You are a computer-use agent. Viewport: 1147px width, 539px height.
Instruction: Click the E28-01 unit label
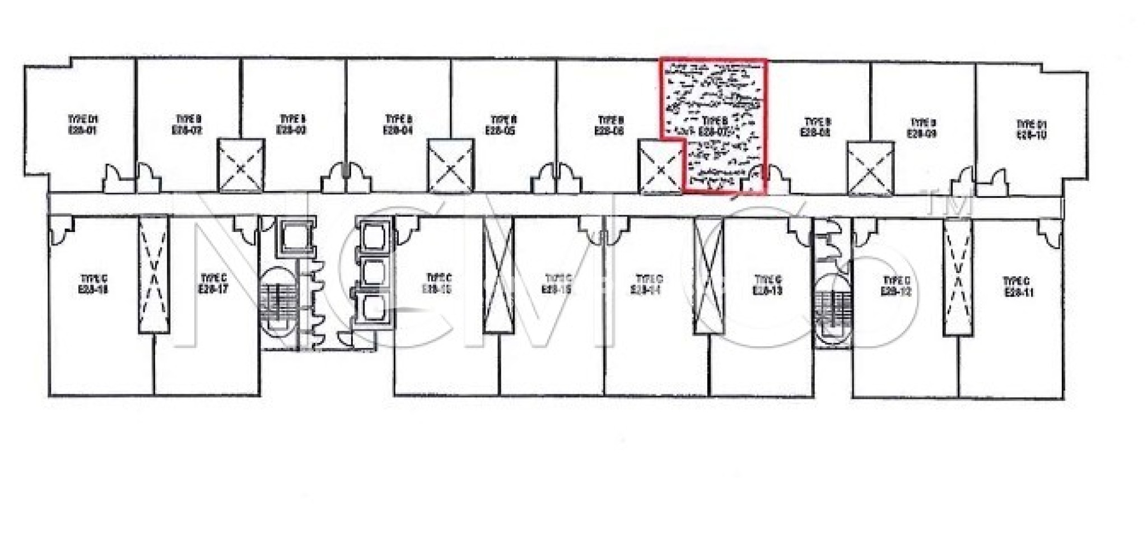coord(83,125)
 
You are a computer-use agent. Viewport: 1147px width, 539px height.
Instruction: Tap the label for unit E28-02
coord(188,125)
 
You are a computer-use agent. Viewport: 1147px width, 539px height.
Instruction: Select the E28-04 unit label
coord(398,125)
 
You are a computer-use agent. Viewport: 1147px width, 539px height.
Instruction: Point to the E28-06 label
coord(609,126)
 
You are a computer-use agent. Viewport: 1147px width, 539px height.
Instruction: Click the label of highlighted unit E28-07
coord(715,126)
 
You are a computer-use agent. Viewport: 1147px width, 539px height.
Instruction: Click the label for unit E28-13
coord(768,285)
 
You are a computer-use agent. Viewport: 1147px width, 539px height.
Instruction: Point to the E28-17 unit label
coord(213,284)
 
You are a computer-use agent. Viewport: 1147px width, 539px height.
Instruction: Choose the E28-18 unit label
coord(94,284)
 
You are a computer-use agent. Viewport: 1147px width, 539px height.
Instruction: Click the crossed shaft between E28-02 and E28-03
coord(241,165)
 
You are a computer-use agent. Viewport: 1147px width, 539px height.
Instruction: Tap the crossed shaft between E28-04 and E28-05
coord(451,165)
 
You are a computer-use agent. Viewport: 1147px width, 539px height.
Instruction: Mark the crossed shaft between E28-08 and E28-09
coord(870,168)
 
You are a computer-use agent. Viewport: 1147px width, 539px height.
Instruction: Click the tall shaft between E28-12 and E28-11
coord(958,277)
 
